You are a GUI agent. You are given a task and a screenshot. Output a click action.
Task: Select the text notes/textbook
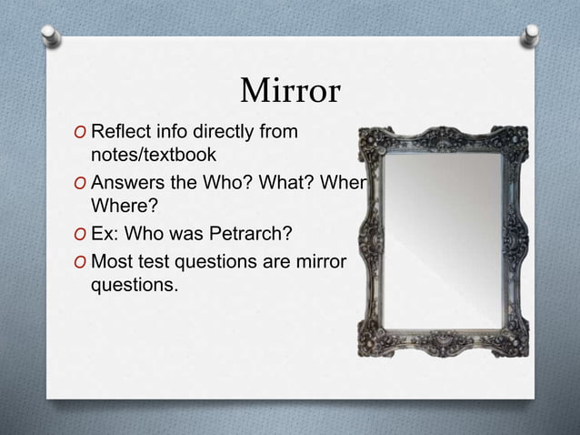[x=153, y=156]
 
